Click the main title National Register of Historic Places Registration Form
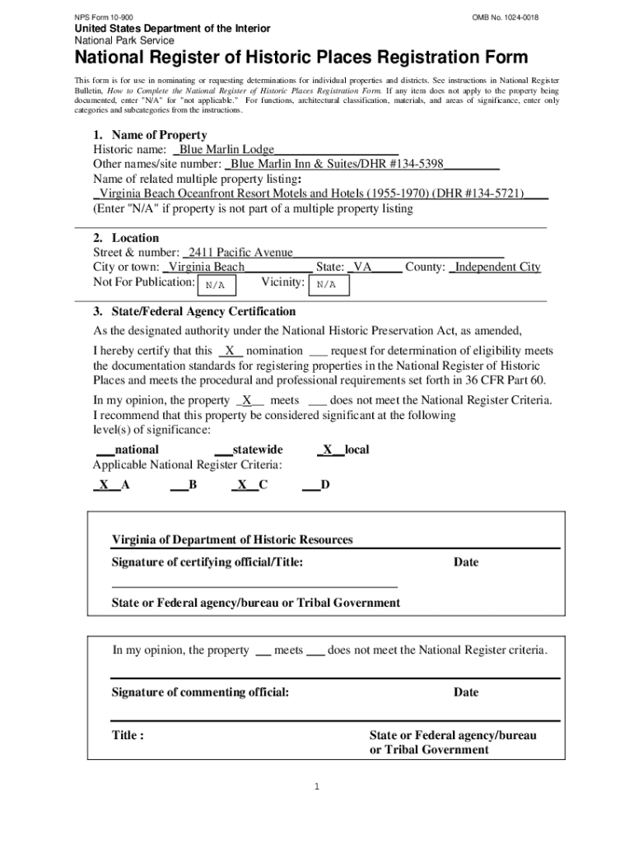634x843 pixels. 301,58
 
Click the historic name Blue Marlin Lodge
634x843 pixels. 226,150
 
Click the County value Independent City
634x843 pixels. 497,268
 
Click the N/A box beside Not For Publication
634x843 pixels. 216,285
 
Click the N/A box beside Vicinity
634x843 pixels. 327,285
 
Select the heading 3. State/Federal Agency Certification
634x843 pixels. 193,312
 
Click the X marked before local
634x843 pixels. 328,449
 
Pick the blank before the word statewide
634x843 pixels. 222,450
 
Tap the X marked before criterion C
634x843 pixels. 242,485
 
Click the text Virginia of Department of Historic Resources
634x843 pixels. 232,540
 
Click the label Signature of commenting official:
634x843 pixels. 200,692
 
